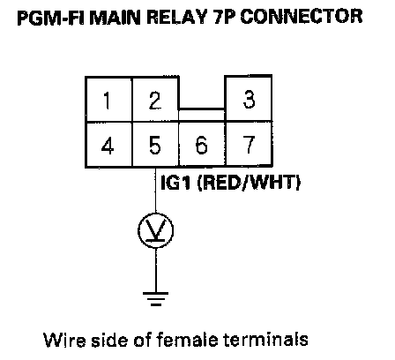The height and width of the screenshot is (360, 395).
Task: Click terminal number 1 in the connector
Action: (x=108, y=100)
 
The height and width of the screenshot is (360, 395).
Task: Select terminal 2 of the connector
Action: (x=155, y=100)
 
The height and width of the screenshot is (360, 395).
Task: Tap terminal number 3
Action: (x=249, y=98)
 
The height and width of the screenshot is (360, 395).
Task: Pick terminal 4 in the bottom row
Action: (x=108, y=145)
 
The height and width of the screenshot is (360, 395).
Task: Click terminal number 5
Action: (x=155, y=145)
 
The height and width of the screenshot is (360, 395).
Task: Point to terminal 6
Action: (x=202, y=145)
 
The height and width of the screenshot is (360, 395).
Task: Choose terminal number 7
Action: (x=249, y=145)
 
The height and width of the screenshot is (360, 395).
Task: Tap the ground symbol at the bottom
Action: (x=155, y=299)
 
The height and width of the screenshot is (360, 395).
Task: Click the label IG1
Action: (x=176, y=183)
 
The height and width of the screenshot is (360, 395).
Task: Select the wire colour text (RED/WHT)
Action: (x=249, y=183)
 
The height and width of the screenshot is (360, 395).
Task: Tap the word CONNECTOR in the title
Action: (x=302, y=17)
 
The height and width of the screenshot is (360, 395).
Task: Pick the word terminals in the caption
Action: (x=265, y=340)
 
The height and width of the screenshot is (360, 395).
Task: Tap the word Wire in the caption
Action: (x=64, y=340)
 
